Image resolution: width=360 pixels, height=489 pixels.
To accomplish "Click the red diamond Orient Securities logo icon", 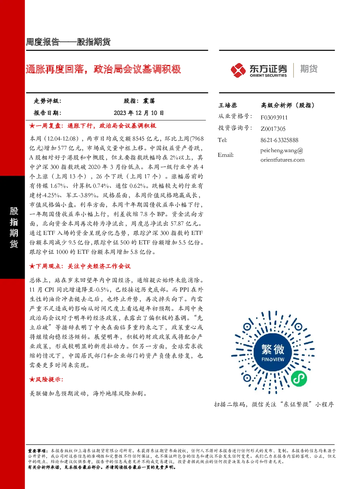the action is (x=238, y=70).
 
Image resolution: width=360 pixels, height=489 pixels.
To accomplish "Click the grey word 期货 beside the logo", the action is (x=309, y=69).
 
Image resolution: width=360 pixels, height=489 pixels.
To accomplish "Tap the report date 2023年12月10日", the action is (x=139, y=113).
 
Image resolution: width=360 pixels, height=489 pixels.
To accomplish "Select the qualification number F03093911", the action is (x=274, y=118).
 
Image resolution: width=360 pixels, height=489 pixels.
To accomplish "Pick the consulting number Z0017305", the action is (x=273, y=129).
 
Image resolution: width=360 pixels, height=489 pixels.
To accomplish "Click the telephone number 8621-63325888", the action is (x=279, y=140).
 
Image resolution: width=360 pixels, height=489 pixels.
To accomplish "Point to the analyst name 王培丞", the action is (x=228, y=105).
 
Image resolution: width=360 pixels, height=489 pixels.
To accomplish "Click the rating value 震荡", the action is (x=149, y=101).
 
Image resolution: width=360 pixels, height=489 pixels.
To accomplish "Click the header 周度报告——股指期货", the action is (x=68, y=42).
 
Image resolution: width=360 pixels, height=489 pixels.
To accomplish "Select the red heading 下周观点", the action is (x=48, y=266).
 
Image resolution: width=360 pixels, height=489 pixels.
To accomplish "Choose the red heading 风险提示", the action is (x=48, y=379).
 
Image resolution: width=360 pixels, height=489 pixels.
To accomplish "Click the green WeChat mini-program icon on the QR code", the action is (x=299, y=378).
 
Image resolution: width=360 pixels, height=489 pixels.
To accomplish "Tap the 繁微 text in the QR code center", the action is (x=273, y=349).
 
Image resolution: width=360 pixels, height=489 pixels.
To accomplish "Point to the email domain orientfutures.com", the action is (x=282, y=160).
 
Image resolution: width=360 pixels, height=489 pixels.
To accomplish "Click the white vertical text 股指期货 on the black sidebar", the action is (x=14, y=227).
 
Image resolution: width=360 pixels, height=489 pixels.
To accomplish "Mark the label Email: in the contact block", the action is (x=226, y=155).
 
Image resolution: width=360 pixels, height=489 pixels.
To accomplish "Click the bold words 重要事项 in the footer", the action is (x=37, y=451).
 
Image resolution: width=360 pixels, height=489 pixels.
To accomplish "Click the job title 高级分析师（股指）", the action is (x=288, y=105).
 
